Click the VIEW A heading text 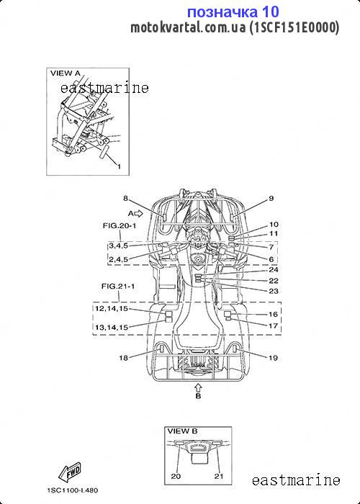(66, 73)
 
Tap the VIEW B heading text (182, 431)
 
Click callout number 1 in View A (119, 166)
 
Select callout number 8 (126, 198)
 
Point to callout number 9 (271, 198)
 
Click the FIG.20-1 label (120, 225)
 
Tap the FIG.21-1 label (118, 286)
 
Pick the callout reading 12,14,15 (112, 309)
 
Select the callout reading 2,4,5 (118, 259)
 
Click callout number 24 (274, 269)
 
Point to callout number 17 (273, 325)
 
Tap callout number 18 (124, 357)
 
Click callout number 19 (273, 358)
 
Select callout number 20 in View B (176, 476)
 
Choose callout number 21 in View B (219, 476)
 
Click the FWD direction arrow (69, 472)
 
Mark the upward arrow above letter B (198, 387)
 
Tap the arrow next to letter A (138, 213)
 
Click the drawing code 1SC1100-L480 (73, 490)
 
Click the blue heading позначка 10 (233, 12)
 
